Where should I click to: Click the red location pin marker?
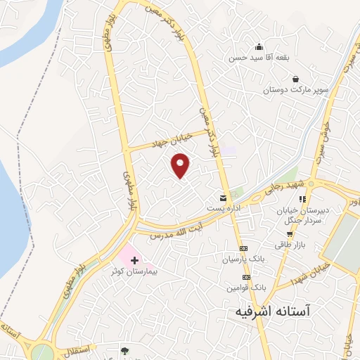[181, 165]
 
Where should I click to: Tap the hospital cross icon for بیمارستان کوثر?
[135, 260]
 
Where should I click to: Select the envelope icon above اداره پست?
[223, 199]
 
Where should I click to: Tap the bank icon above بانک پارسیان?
[243, 249]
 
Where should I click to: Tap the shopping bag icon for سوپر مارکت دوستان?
[295, 79]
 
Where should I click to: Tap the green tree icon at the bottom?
[124, 349]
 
